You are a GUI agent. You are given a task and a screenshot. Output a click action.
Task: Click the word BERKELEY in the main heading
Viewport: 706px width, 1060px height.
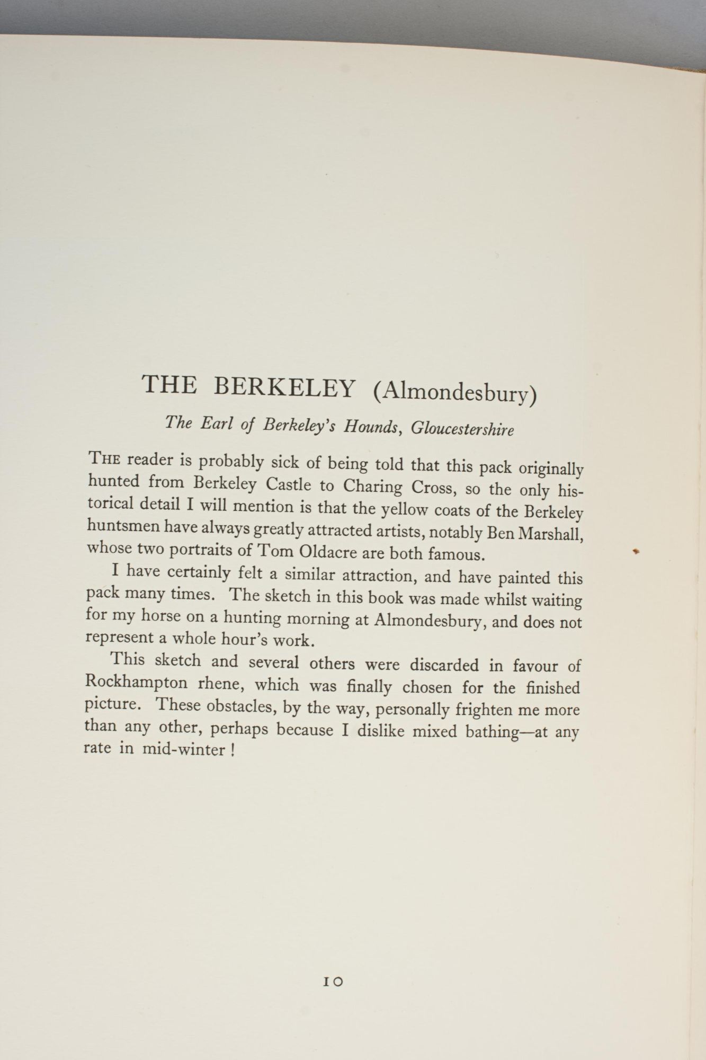[x=284, y=388]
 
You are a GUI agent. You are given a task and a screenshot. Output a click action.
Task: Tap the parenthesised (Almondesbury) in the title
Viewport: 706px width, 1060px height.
[x=454, y=393]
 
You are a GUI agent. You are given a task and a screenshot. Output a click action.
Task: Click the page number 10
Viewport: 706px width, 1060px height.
[x=334, y=982]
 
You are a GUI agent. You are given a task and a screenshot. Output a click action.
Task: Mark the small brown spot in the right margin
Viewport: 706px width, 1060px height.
[x=637, y=552]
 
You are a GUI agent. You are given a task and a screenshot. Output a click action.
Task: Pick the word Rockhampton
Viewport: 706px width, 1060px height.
[x=136, y=682]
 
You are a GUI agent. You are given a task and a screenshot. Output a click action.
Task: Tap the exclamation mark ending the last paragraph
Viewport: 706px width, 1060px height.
[x=233, y=750]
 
